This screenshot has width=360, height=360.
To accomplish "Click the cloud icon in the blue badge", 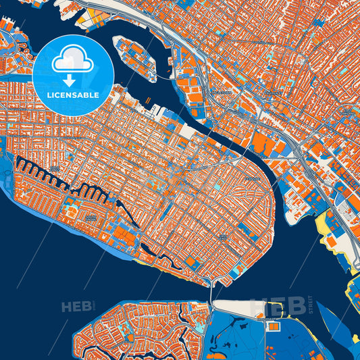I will point(72,60).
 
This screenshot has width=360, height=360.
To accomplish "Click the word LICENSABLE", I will point(72,95).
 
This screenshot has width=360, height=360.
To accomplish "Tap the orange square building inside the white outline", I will point(274,327).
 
